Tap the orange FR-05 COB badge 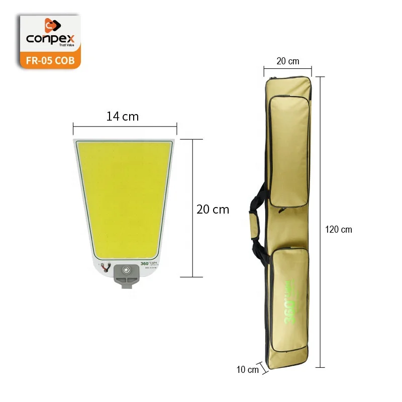(49, 60)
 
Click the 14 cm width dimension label (122, 117)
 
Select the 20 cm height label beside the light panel (213, 210)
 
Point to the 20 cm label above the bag (287, 61)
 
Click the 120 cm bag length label (339, 230)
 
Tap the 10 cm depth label (247, 370)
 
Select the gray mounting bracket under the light (126, 276)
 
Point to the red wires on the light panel (105, 268)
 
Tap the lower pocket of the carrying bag (290, 296)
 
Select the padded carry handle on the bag (254, 221)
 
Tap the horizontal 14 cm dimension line (125, 127)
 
